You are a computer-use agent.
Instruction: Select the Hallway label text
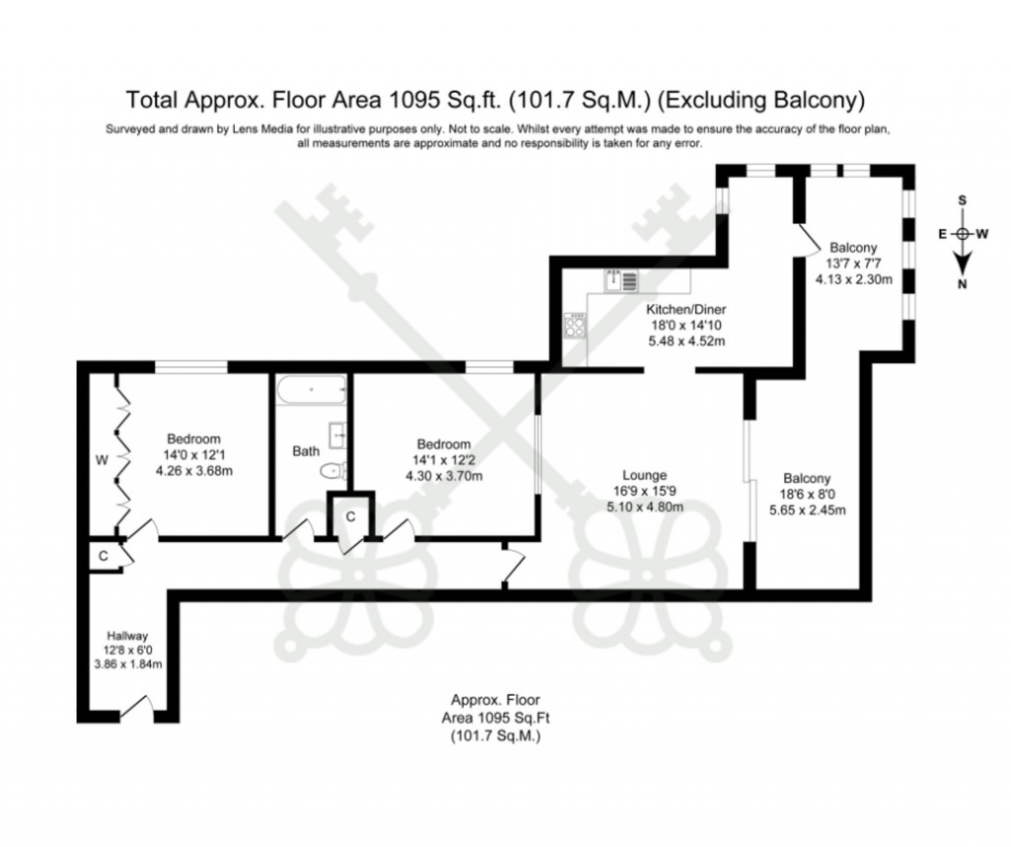coord(127,636)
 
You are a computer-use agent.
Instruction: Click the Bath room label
coord(305,451)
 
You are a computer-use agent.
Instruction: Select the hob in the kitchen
coord(575,323)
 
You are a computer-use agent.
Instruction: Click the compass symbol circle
coord(963,234)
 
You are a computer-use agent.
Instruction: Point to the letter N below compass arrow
coord(963,284)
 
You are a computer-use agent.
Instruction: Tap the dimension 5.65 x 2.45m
coord(807,510)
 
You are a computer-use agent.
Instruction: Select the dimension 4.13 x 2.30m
coord(854,279)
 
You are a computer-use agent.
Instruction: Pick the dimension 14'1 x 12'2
coord(443,460)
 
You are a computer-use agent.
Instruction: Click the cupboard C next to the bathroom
coord(350,515)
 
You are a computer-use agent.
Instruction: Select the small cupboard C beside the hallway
coord(102,556)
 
